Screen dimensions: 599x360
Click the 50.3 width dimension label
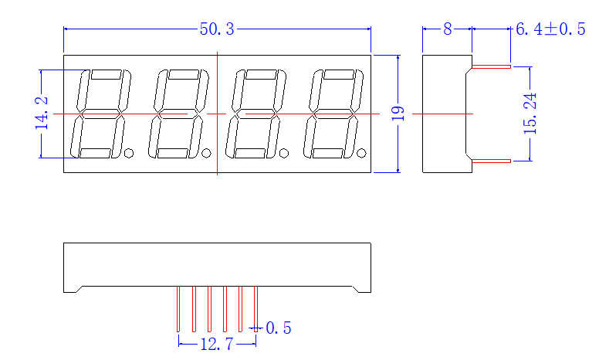coord(217,29)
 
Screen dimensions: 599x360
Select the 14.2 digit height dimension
coord(42,113)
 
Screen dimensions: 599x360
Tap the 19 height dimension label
coord(398,114)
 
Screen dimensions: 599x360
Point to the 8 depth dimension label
coord(448,29)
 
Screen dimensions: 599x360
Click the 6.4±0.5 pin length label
coord(550,29)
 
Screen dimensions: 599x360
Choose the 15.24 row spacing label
coord(530,114)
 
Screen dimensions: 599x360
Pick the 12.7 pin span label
coord(217,344)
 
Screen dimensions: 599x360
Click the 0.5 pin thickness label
coord(279,328)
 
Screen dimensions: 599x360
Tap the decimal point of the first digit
coord(129,153)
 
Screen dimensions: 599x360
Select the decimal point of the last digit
coord(361,153)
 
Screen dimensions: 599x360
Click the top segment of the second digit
coord(184,74)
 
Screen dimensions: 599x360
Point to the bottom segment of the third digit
coord(250,153)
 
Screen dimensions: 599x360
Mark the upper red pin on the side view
coord(491,66)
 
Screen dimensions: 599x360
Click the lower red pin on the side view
coord(491,161)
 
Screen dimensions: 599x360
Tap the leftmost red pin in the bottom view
coord(178,309)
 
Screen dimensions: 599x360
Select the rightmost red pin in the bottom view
coord(256,309)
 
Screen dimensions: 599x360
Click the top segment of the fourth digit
coord(338,74)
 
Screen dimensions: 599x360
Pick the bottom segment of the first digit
coord(95,153)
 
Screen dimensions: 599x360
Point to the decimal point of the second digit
coord(206,153)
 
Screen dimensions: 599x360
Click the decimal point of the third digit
coord(284,153)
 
